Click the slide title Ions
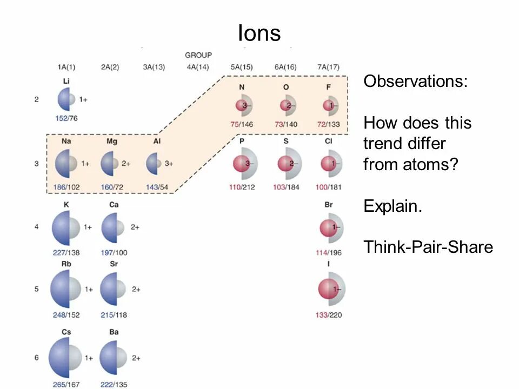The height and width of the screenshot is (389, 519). point(259,33)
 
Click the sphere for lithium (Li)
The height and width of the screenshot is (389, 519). point(67,99)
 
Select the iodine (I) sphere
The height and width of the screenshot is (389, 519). point(331,289)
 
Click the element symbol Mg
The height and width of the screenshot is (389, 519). point(112,142)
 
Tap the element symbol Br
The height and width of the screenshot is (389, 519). point(329,205)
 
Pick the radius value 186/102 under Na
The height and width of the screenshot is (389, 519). point(67,187)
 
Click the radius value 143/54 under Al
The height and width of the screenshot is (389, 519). point(157,187)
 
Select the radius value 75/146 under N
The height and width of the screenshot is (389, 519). point(242,124)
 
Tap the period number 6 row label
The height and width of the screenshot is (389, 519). point(37,357)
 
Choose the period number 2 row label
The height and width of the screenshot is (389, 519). point(37,99)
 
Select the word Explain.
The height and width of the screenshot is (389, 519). point(392,206)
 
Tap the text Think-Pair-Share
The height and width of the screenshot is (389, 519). point(428,247)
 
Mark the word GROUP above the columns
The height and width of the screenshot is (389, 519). point(198,55)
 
